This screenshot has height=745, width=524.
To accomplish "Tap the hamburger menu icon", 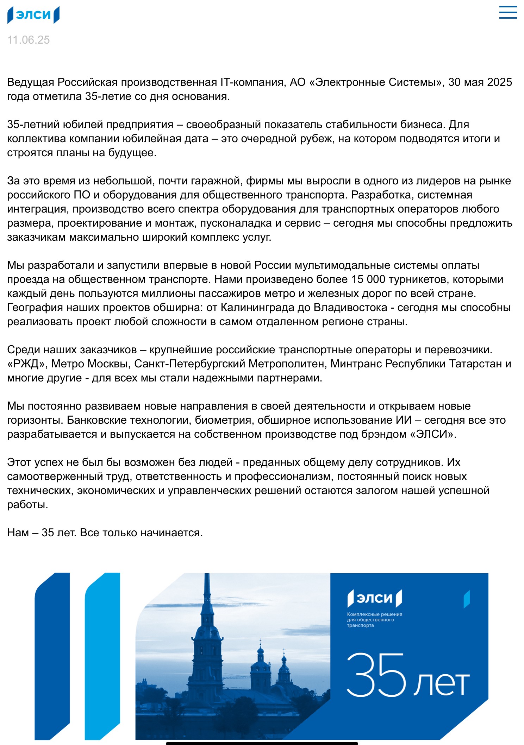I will [508, 12].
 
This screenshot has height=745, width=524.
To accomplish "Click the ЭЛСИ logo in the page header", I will [33, 15].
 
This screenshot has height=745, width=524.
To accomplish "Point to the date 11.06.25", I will [29, 40].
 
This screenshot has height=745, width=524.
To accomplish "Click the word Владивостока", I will [350, 308].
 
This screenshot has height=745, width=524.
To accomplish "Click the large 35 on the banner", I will [376, 675].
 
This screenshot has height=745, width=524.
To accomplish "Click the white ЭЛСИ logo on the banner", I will [375, 598].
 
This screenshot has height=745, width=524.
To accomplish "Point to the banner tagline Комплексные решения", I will [374, 614].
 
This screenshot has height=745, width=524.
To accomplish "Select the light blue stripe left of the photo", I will [102, 655].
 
